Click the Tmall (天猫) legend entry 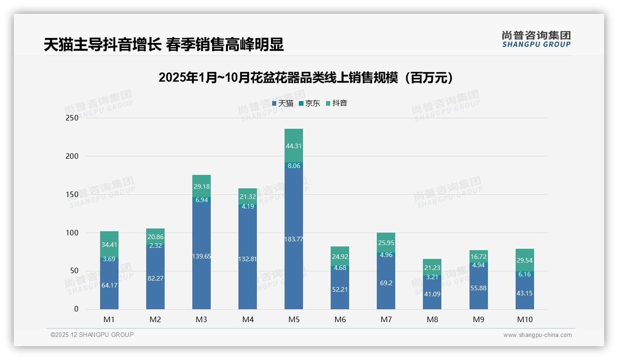click(283, 103)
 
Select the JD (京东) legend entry click(309, 103)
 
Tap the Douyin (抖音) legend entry click(337, 103)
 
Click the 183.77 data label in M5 click(294, 239)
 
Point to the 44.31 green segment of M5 click(294, 145)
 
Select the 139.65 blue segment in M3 click(202, 256)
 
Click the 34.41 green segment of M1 click(109, 244)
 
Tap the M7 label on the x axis click(386, 319)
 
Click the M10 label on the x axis click(524, 319)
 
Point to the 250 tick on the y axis click(72, 118)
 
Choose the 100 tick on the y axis click(72, 233)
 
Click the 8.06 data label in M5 click(294, 165)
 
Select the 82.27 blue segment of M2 click(155, 278)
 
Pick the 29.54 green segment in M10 click(525, 260)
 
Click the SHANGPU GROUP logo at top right click(536, 39)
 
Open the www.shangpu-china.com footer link click(537, 335)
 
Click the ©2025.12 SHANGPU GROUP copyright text click(92, 335)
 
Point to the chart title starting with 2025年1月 click(308, 78)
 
